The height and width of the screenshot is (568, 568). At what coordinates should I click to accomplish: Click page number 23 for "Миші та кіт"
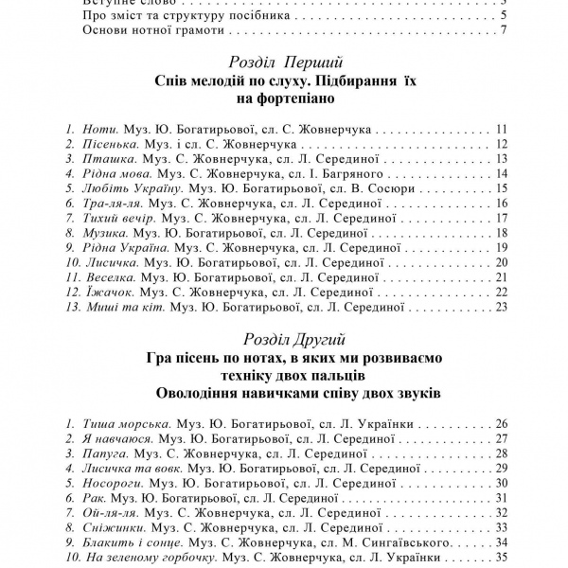(x=502, y=307)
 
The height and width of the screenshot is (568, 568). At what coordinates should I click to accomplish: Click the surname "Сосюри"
(x=388, y=188)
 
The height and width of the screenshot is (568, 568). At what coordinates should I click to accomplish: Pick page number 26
(x=502, y=423)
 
